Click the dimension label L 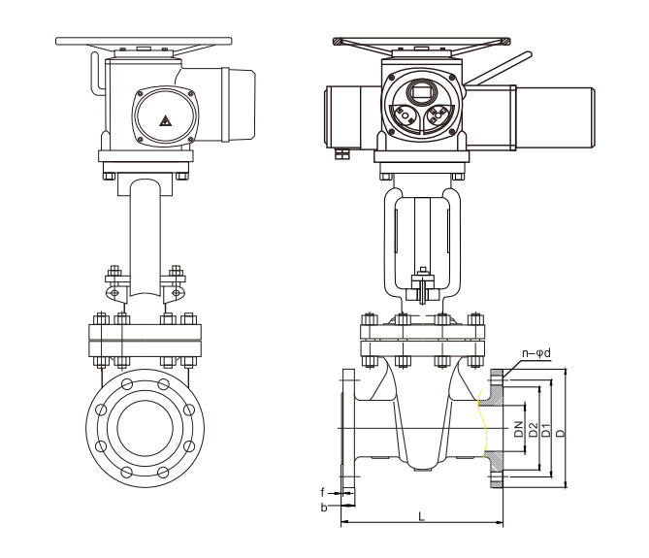[x=421, y=516]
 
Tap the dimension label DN [x=519, y=429]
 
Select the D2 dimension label [x=534, y=429]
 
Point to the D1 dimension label [x=546, y=430]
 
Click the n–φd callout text [x=536, y=353]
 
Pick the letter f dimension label [x=323, y=492]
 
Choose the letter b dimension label [x=324, y=507]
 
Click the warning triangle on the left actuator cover [x=166, y=120]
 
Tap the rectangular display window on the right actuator [x=421, y=91]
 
